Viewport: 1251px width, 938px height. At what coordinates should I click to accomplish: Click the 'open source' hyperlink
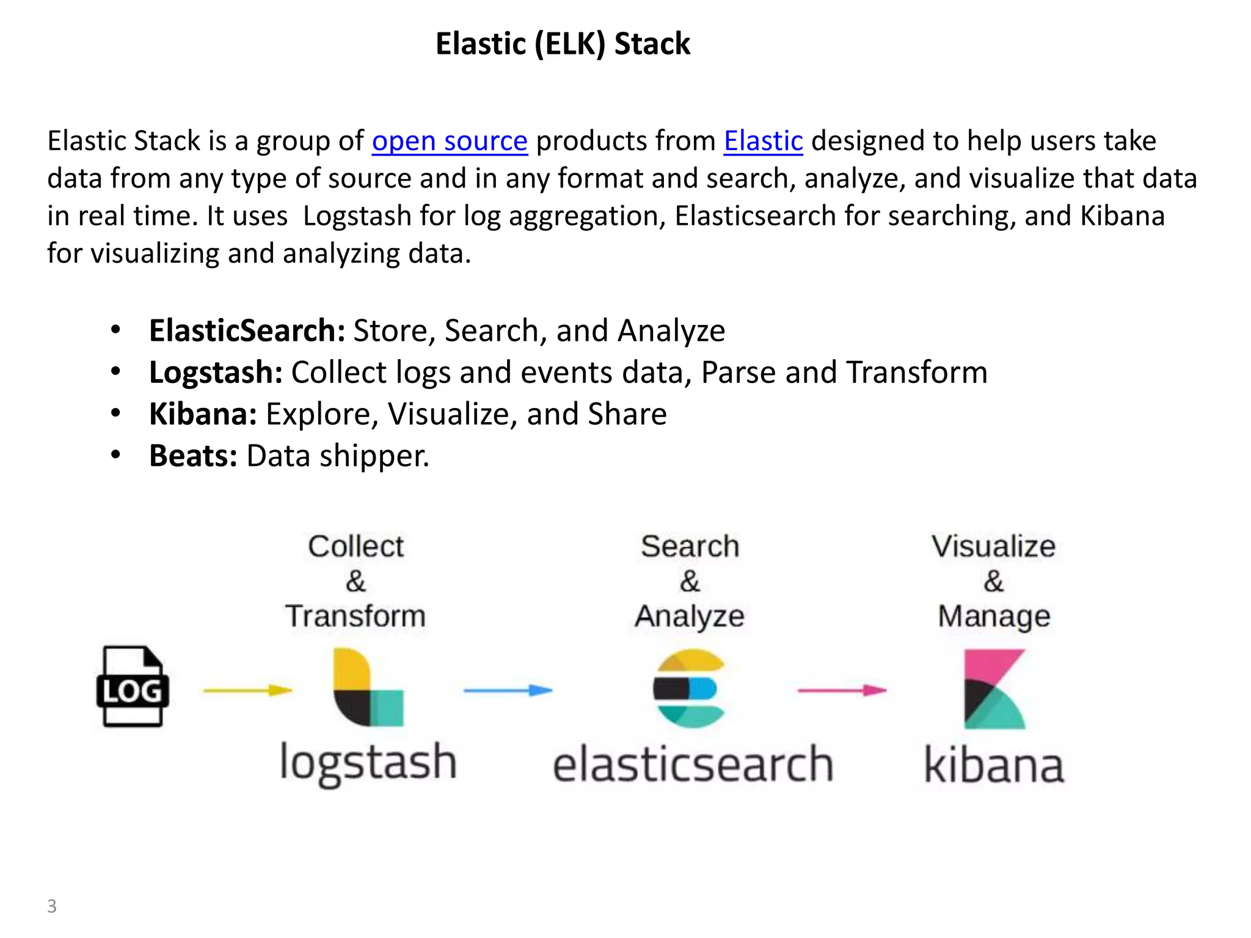pyautogui.click(x=450, y=141)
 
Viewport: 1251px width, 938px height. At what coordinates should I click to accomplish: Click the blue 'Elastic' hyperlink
pyautogui.click(x=763, y=141)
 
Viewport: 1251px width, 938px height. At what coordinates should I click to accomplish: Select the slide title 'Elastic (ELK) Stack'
pyautogui.click(x=563, y=44)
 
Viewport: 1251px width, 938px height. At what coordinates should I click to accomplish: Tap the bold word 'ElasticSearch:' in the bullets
pyautogui.click(x=247, y=331)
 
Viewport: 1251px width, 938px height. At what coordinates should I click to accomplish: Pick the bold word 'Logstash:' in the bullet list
pyautogui.click(x=216, y=373)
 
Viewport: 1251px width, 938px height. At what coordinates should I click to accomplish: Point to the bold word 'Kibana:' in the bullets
pyautogui.click(x=203, y=414)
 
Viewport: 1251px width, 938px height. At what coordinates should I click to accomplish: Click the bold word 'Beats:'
pyautogui.click(x=193, y=456)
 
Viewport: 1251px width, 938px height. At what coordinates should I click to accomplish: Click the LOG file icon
pyautogui.click(x=133, y=686)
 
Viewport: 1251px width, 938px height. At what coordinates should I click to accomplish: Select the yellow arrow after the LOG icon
pyautogui.click(x=247, y=691)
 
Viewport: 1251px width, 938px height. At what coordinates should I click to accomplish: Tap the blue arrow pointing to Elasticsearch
pyautogui.click(x=508, y=691)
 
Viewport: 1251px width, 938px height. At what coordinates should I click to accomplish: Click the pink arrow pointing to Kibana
pyautogui.click(x=842, y=691)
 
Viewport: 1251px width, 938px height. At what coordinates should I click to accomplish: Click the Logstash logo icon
pyautogui.click(x=368, y=688)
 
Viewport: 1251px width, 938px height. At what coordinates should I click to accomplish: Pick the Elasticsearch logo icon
pyautogui.click(x=689, y=689)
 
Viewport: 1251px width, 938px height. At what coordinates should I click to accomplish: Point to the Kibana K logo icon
pyautogui.click(x=994, y=689)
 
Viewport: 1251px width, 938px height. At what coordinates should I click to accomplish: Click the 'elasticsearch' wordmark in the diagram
pyautogui.click(x=693, y=765)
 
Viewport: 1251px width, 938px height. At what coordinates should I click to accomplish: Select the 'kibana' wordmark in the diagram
pyautogui.click(x=994, y=765)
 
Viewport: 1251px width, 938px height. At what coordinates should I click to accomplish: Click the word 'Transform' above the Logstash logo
pyautogui.click(x=356, y=616)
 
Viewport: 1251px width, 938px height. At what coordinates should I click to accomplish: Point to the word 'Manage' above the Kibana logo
pyautogui.click(x=994, y=617)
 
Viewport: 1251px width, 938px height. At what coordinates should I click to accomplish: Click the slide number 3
pyautogui.click(x=52, y=906)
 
